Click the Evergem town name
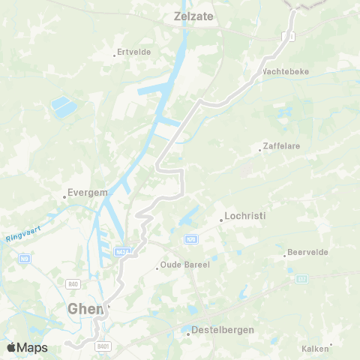coord(88,192)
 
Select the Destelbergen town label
coord(223,329)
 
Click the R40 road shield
coord(73,283)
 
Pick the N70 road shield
coord(191,238)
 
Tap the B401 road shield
coord(103,346)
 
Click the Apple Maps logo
coord(27,347)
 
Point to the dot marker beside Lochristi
coord(221,220)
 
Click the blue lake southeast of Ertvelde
coord(64,108)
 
